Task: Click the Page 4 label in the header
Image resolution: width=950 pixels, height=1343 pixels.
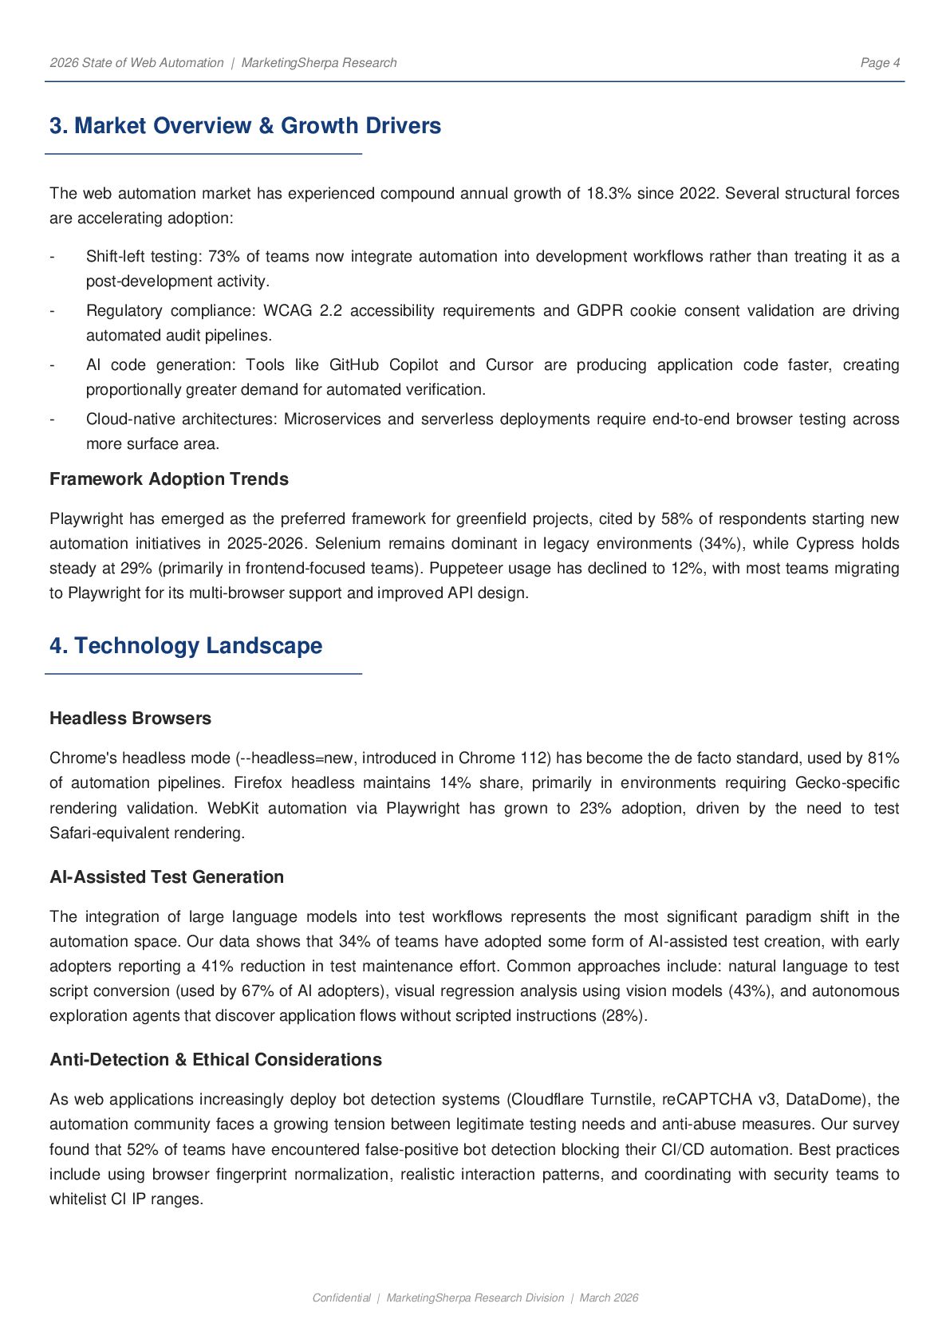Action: [880, 63]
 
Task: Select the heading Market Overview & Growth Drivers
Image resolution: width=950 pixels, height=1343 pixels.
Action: [245, 126]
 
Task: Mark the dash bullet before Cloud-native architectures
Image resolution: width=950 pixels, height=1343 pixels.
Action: [53, 419]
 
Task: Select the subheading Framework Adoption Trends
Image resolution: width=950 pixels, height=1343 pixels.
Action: [169, 479]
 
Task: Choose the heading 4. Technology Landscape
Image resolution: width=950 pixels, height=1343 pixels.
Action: [186, 646]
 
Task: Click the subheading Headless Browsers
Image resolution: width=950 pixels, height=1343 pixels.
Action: [130, 719]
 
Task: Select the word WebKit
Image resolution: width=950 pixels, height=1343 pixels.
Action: [227, 809]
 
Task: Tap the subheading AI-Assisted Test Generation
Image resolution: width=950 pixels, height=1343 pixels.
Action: [167, 877]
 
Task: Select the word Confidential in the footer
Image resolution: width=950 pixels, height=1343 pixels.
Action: [341, 1298]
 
